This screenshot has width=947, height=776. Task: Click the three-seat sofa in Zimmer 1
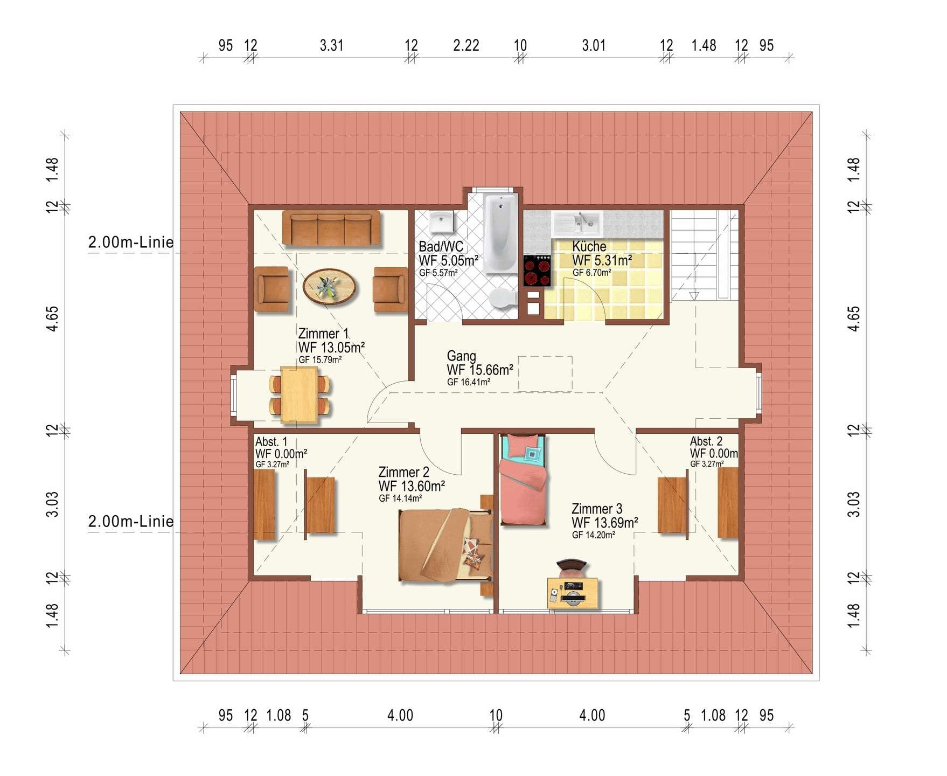331,228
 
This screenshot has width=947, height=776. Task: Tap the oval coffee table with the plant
329,287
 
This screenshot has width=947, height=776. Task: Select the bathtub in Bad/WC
500,233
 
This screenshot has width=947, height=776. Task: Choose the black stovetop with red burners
537,271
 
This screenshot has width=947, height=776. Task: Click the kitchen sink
576,222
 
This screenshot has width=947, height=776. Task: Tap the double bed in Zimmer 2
445,545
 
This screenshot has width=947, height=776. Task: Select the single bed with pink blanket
523,479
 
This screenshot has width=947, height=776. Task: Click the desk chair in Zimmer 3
571,567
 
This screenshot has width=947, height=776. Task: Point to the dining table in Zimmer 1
299,394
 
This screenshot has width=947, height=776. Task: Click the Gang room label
462,356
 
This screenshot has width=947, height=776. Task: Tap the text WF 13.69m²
605,523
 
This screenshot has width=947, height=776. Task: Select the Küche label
589,246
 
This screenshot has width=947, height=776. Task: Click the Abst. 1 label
271,441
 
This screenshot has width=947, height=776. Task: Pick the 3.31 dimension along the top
331,45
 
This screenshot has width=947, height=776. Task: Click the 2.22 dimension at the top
466,45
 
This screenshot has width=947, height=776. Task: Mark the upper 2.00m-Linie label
131,242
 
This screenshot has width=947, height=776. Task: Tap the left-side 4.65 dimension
52,318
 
